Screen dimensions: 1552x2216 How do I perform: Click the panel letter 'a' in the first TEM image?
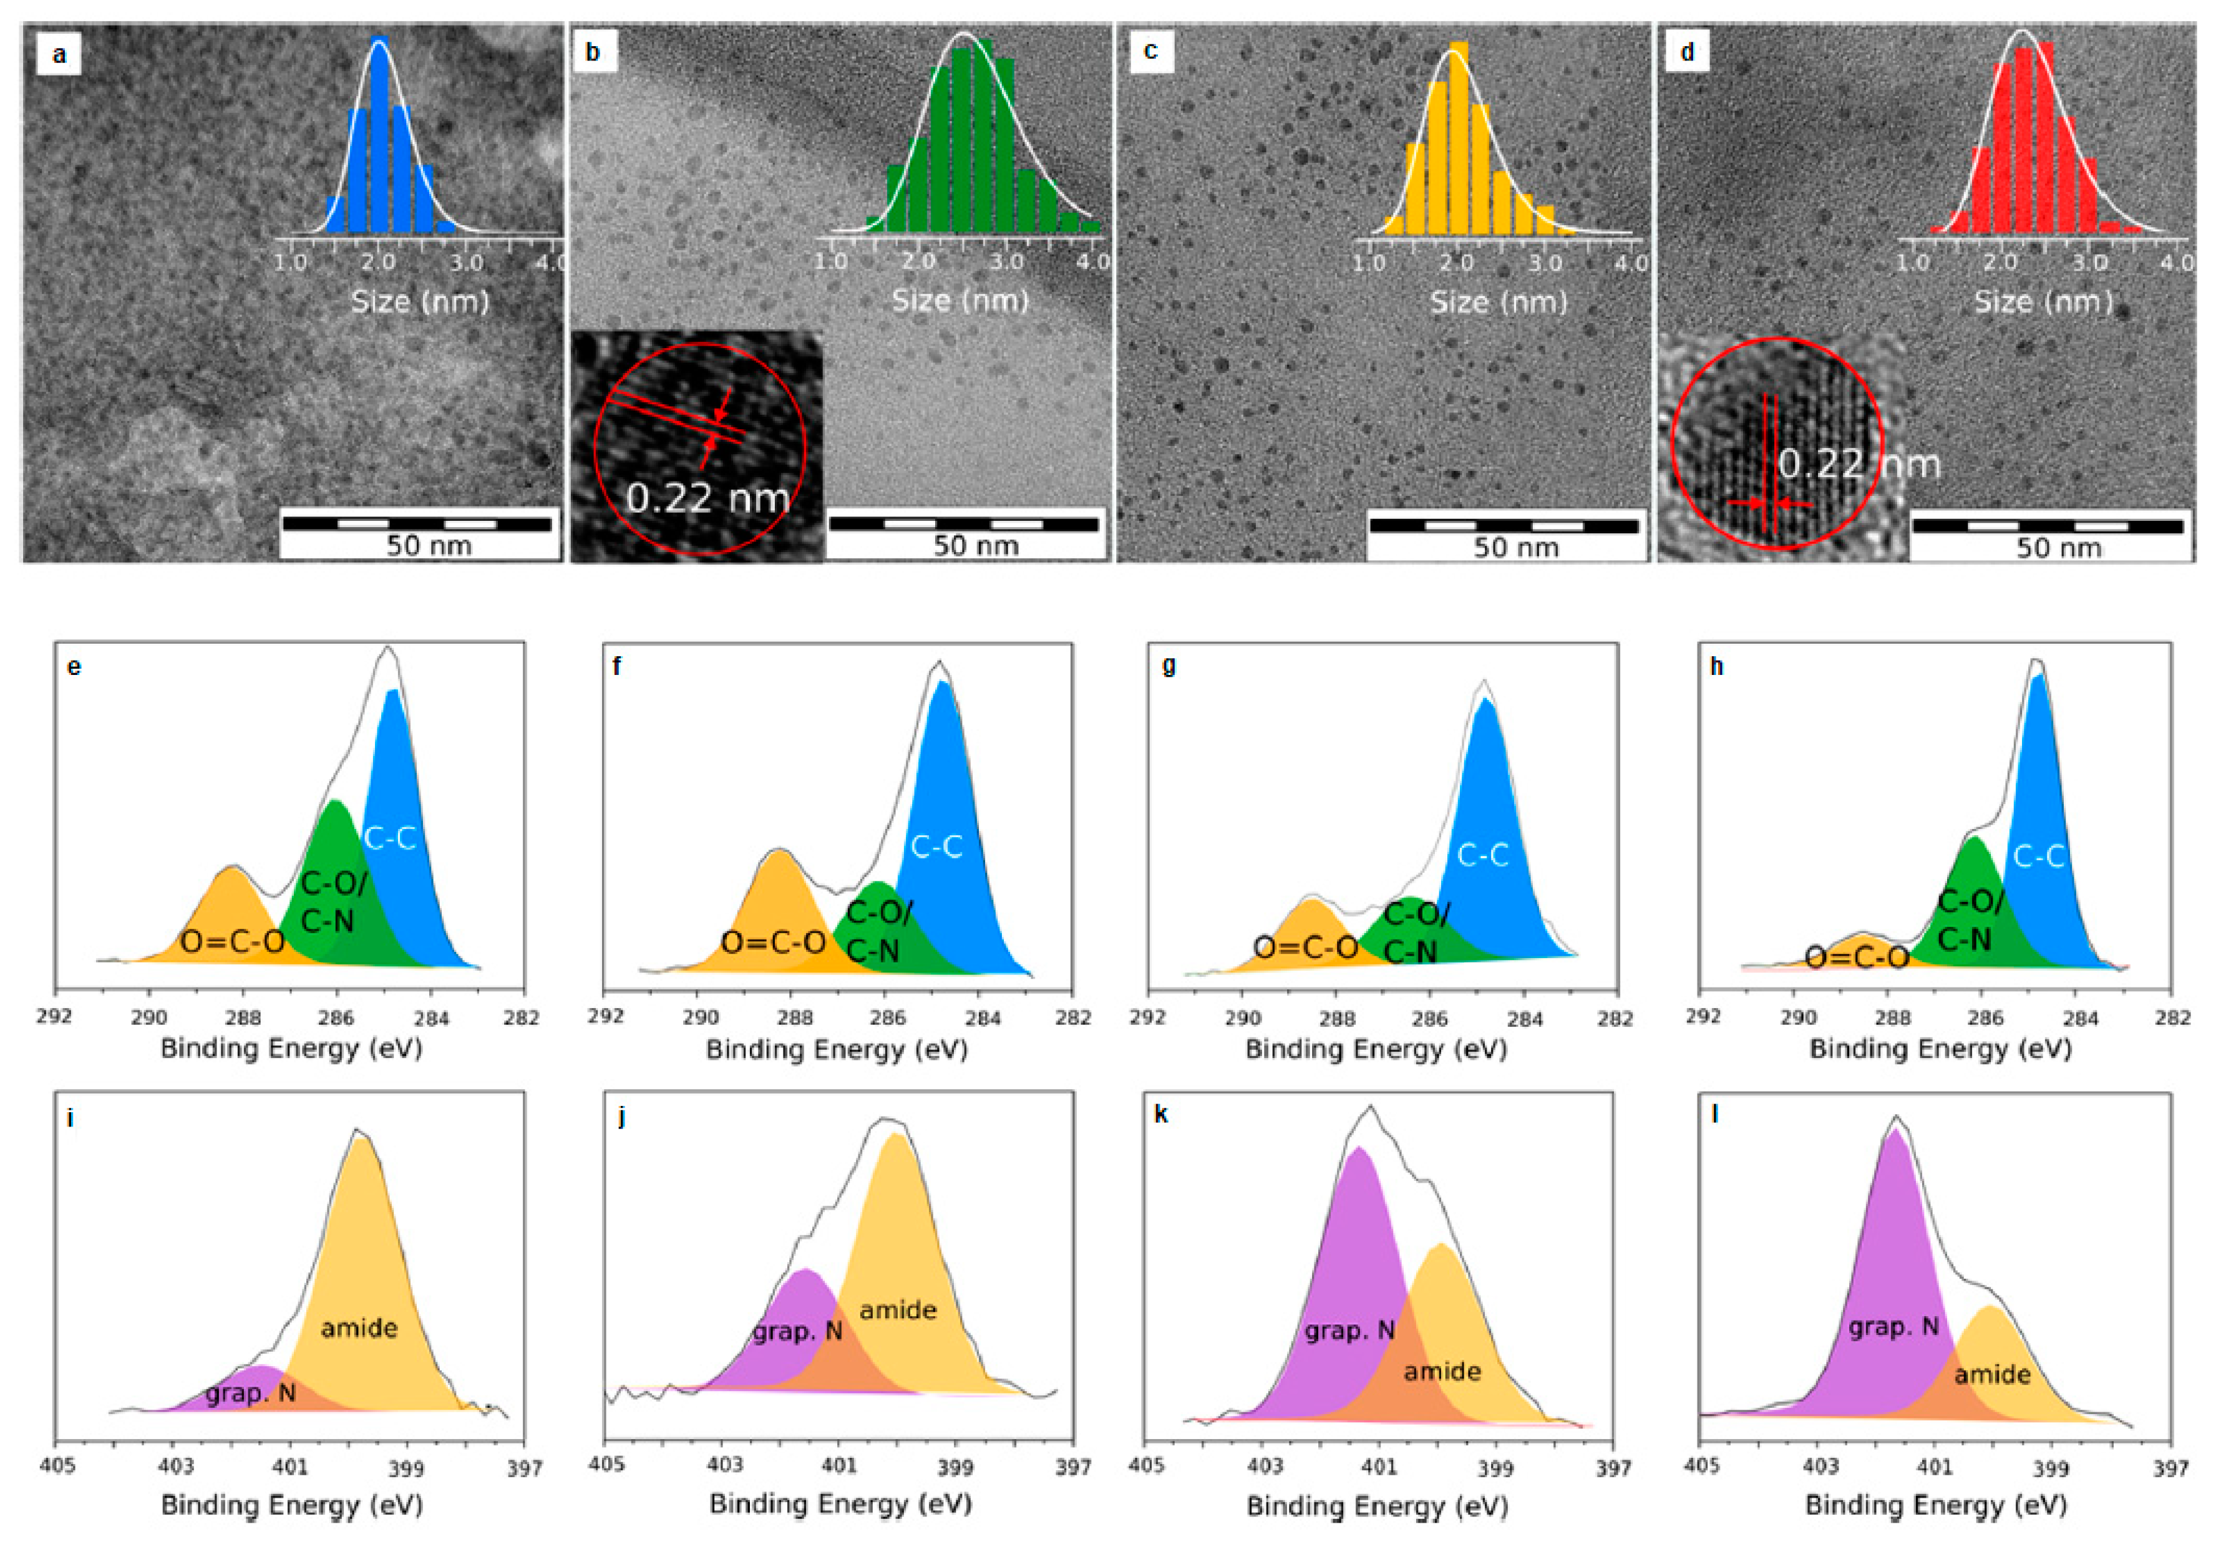tap(59, 54)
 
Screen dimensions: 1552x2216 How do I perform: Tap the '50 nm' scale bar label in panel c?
tap(1515, 547)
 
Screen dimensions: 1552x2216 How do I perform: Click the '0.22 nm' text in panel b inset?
tap(707, 498)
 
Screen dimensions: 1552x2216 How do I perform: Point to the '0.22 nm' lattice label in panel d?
tap(1858, 464)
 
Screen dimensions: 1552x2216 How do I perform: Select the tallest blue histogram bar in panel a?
tap(379, 135)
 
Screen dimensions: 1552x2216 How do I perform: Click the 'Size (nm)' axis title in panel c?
tap(1498, 302)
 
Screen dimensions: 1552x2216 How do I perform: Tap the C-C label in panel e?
tap(390, 839)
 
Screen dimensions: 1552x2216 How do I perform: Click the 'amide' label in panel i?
tap(359, 1328)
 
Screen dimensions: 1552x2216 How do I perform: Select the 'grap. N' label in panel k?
tap(1349, 1331)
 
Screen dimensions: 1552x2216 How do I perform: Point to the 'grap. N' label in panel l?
tap(1893, 1327)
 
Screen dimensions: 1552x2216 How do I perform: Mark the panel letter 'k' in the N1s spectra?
tap(1161, 1115)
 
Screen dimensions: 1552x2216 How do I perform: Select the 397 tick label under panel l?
tap(2170, 1467)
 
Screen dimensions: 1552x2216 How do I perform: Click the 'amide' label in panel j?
tap(898, 1310)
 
